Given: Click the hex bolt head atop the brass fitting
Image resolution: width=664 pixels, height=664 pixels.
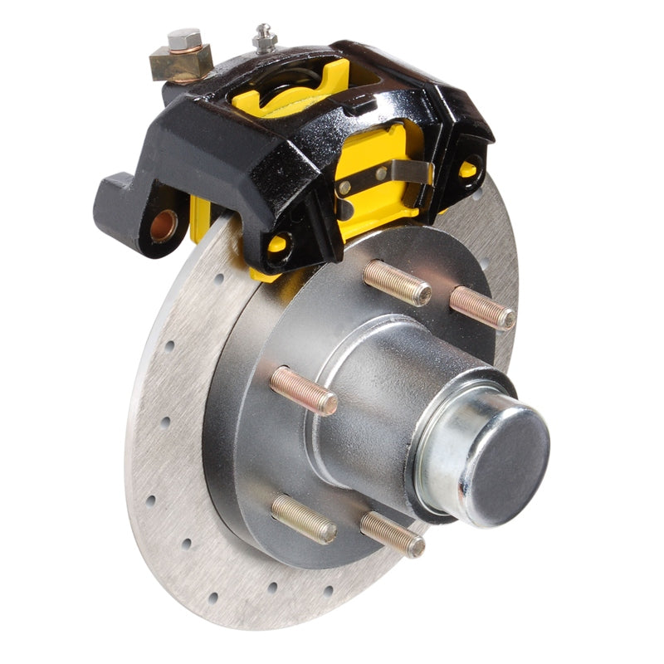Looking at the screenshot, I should pyautogui.click(x=183, y=39).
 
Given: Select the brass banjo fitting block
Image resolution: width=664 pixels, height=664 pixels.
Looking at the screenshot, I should pyautogui.click(x=179, y=63).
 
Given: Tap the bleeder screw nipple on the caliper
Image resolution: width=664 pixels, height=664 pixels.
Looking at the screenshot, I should pyautogui.click(x=265, y=37).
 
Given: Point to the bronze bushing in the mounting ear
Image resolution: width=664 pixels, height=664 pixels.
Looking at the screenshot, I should pyautogui.click(x=163, y=225).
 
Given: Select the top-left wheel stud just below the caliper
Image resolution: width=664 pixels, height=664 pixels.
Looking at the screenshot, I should pyautogui.click(x=397, y=283).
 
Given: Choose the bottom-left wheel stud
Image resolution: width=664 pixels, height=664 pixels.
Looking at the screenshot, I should pyautogui.click(x=303, y=519).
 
